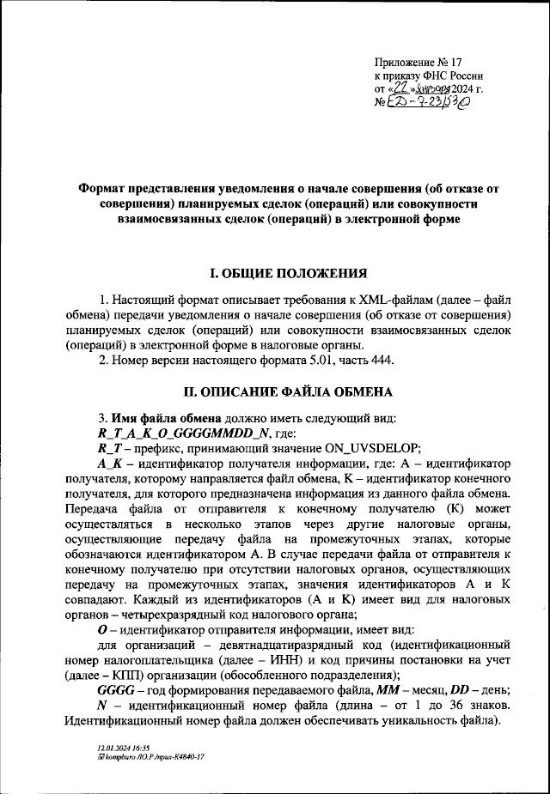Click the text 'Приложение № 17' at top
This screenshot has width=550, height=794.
tap(419, 62)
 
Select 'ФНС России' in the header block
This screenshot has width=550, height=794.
tap(451, 76)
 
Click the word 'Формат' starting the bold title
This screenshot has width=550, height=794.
tap(103, 189)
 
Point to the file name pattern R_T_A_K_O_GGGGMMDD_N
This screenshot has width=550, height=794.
tap(185, 433)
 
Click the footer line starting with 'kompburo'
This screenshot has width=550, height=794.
tap(151, 757)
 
